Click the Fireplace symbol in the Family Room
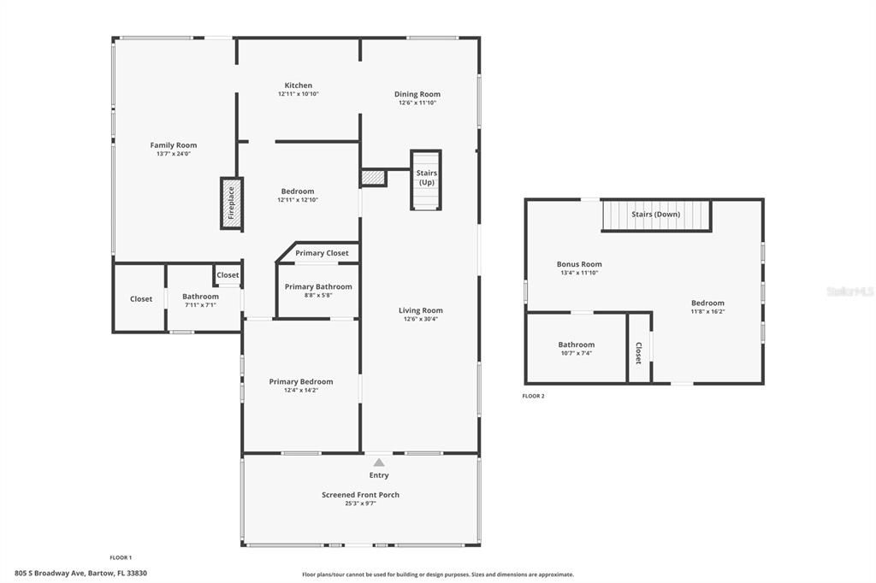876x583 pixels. tap(232, 203)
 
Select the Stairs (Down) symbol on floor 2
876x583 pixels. tap(656, 215)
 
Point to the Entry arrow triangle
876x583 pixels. tap(379, 462)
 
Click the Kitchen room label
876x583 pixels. tap(299, 85)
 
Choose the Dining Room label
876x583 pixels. tap(417, 94)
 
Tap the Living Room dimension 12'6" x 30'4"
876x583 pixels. tap(421, 319)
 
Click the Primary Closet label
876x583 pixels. tap(322, 253)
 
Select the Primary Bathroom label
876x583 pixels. tap(318, 286)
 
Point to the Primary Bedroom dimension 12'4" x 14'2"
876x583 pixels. tap(301, 390)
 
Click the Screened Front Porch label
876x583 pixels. tap(360, 495)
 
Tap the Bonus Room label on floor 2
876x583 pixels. tap(579, 264)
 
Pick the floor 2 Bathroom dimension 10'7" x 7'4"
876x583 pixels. tap(576, 353)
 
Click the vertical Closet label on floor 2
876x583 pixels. tap(639, 353)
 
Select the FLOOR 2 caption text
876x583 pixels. tap(533, 396)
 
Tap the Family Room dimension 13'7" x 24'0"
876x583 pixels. tap(174, 154)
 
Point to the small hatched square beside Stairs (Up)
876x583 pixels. tap(373, 178)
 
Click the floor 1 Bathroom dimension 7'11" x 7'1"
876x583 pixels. tap(200, 304)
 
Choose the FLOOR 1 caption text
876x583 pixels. tap(121, 557)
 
